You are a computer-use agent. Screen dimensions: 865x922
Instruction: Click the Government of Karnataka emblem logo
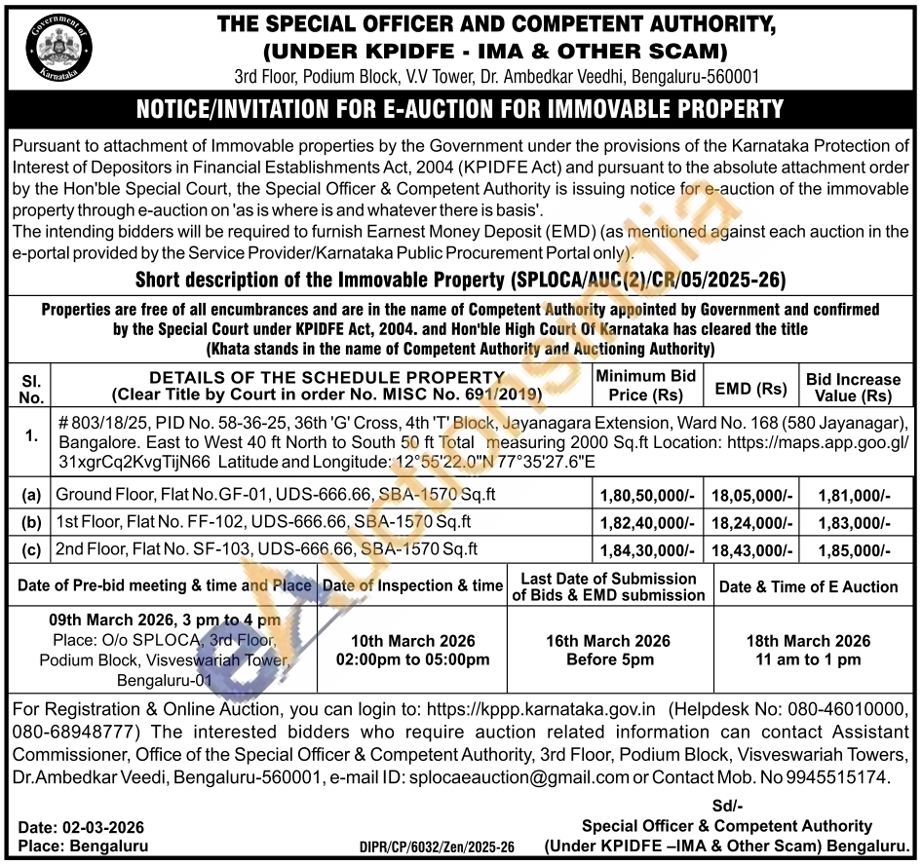pos(60,45)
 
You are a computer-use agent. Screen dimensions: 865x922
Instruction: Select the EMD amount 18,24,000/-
pos(750,522)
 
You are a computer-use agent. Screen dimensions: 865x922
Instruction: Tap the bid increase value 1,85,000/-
pos(854,550)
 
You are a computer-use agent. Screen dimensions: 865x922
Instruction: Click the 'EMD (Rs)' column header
pos(750,388)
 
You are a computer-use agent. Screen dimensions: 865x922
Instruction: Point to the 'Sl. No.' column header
pos(31,388)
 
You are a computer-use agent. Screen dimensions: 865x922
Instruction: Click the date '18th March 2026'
pos(808,641)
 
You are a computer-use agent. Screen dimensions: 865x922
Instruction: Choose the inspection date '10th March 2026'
pos(412,641)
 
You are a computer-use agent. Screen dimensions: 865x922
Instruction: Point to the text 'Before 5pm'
pos(610,659)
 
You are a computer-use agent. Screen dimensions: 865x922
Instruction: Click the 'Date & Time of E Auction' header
pos(808,586)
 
